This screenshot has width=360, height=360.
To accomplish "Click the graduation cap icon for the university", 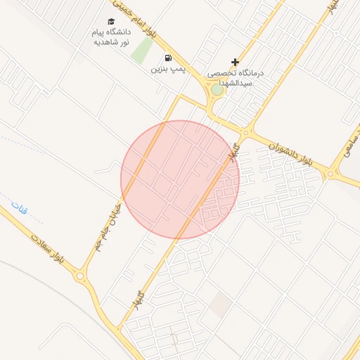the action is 110,22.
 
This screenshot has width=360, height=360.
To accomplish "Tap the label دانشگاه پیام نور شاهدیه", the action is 110,37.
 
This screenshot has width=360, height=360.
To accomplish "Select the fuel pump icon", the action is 167,58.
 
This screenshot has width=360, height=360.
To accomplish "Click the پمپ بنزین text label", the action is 167,70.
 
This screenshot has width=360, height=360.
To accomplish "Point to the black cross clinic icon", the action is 235,62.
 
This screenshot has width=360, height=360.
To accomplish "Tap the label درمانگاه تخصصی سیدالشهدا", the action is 235,77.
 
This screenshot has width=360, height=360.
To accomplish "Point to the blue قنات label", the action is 18,207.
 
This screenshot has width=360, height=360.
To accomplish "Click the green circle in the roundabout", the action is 217,89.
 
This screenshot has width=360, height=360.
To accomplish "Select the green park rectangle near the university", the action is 143,50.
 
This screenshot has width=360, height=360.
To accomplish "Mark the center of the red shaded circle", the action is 180,179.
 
